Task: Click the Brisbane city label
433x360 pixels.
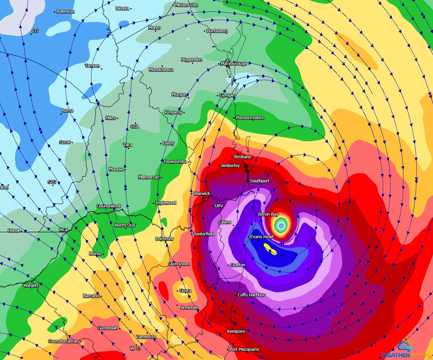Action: point(243,157)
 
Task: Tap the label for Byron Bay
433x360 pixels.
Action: point(268,214)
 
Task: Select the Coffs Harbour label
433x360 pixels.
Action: point(251,295)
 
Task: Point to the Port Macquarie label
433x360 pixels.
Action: point(244,349)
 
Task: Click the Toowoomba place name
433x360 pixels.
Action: point(175,162)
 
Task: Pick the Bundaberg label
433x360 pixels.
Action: point(217,31)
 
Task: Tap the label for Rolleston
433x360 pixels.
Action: point(66,12)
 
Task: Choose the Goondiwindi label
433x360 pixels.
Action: point(109,206)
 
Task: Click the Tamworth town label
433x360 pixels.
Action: point(146,337)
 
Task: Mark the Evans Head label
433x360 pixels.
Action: point(262,237)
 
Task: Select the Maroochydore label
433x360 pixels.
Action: point(250,118)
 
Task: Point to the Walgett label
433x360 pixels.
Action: point(31,285)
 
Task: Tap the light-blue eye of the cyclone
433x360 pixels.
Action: point(281,225)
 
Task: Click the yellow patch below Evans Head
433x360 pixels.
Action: point(270,249)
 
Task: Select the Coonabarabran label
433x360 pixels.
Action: point(63,341)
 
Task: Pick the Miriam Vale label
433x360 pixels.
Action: point(187,5)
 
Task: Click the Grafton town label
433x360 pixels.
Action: point(238,265)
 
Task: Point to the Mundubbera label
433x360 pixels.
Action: point(161,70)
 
